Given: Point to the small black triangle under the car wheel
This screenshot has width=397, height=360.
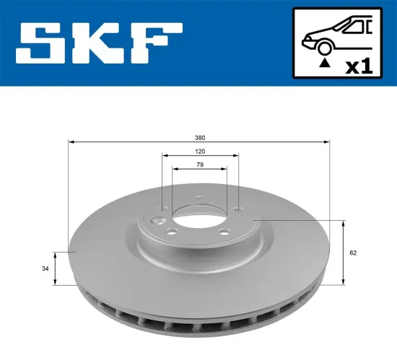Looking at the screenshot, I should pyautogui.click(x=323, y=64).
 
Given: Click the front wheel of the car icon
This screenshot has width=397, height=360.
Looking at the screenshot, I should pyautogui.click(x=323, y=48).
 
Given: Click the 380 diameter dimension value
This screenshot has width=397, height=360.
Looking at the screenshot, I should pyautogui.click(x=198, y=136).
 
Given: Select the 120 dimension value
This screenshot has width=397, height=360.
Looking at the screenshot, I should pyautogui.click(x=198, y=152).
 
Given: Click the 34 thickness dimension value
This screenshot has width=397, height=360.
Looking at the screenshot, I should pyautogui.click(x=45, y=268).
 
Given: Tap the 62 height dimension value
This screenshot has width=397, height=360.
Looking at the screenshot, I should pyautogui.click(x=353, y=253).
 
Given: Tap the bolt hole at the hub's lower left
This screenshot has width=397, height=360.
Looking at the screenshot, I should pyautogui.click(x=172, y=233).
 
